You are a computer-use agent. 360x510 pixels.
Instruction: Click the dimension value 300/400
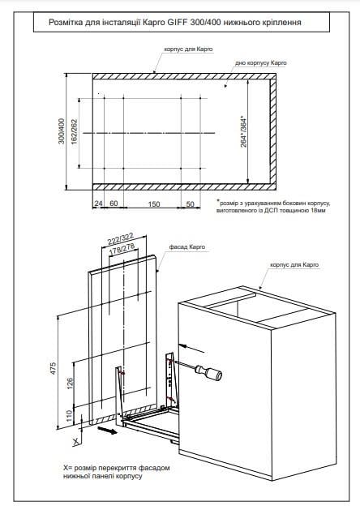click(x=62, y=131)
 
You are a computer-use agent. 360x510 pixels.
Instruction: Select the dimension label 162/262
click(x=74, y=132)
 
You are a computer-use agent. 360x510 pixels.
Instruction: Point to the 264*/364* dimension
click(x=243, y=131)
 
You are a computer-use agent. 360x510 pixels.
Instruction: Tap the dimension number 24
click(x=98, y=204)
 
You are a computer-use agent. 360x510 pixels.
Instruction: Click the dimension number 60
click(x=114, y=204)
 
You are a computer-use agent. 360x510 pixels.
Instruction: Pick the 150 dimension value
click(x=154, y=204)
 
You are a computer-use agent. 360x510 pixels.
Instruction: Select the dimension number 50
click(x=190, y=204)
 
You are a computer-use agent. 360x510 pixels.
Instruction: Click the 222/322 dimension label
click(x=121, y=239)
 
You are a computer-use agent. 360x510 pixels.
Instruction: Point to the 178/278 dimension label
click(x=122, y=250)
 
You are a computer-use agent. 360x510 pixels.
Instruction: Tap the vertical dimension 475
click(x=53, y=368)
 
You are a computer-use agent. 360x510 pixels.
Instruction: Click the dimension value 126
click(x=71, y=384)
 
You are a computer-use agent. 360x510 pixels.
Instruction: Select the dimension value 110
click(x=69, y=416)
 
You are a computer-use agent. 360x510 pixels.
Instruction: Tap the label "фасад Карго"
click(x=187, y=246)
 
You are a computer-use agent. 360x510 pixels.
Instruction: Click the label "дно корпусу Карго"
click(x=261, y=62)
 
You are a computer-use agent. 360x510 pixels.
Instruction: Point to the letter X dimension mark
click(x=76, y=442)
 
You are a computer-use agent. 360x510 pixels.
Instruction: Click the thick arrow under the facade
click(x=107, y=431)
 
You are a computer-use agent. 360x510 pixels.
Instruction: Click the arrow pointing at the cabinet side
click(x=192, y=348)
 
